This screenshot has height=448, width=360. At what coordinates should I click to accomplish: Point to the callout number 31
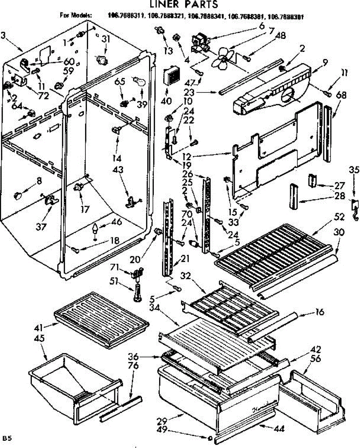pos(106,39)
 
